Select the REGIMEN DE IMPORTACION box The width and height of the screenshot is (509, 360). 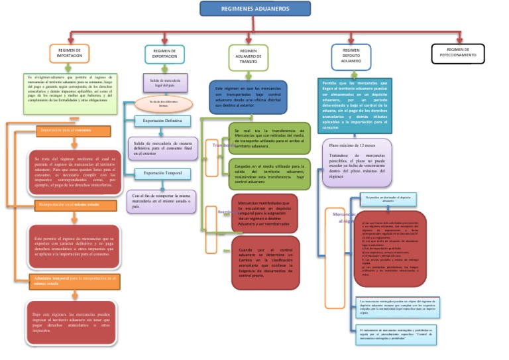pos(69,53)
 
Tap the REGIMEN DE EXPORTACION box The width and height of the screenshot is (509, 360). pos(164,54)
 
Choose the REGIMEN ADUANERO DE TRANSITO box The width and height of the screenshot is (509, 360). pos(248,57)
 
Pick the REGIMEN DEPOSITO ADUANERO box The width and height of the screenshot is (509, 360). pos(351,56)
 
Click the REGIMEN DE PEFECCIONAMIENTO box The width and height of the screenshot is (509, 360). pos(457,53)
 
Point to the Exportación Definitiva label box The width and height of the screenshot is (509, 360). pos(162,121)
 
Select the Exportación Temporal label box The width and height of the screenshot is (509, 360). pos(162,174)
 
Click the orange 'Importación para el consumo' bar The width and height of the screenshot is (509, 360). pos(73,131)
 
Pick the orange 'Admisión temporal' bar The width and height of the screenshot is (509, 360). pos(74,280)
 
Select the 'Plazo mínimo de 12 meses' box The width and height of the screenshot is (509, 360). pos(357,162)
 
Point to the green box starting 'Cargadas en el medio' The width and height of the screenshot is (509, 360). pos(268,173)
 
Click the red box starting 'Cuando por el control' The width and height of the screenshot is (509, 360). pos(265,263)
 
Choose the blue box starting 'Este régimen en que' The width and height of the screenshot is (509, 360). pos(247,97)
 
